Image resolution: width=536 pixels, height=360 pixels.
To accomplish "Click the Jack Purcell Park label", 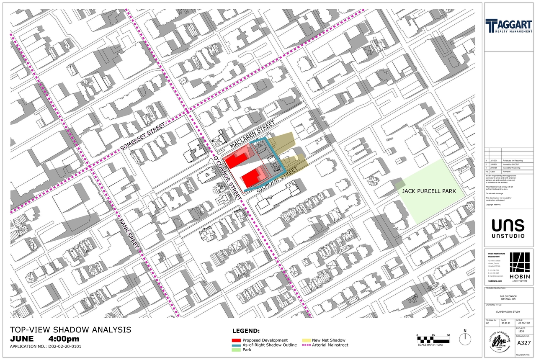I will [x=428, y=191].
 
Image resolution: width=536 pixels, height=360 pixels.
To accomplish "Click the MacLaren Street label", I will [x=253, y=134].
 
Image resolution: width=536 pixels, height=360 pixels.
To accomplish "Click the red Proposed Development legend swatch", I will [x=236, y=340].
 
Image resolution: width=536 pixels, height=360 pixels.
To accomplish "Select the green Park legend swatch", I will [x=236, y=350].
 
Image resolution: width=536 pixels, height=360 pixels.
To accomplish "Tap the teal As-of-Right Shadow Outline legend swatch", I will [x=236, y=345].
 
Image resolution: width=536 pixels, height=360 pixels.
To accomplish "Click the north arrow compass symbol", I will [x=464, y=338].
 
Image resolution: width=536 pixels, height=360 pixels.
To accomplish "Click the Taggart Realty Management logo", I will [x=509, y=26].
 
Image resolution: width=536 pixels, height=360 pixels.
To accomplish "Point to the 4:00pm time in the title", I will [x=64, y=339].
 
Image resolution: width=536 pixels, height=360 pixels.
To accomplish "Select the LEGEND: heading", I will [x=246, y=331].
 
